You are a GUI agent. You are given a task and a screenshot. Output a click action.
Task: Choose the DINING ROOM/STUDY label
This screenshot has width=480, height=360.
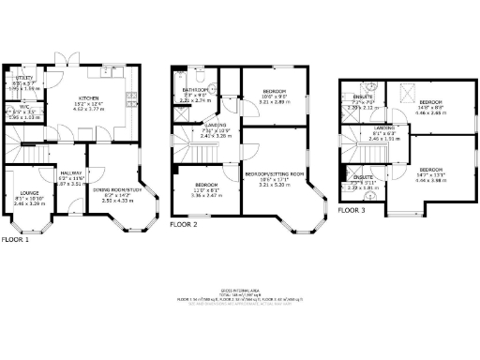pos(116,189)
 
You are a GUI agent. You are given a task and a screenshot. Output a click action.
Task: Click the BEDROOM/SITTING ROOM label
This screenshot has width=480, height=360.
pos(276,174)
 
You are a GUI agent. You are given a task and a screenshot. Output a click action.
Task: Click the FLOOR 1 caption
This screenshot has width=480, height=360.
pos(14,239)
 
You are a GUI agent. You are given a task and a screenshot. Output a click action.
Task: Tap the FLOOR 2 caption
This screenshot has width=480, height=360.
pos(183,226)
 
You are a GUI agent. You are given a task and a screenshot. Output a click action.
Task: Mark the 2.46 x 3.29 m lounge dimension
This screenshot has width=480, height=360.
pos(23,203)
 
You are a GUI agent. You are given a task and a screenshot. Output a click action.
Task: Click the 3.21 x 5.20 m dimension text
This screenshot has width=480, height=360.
pos(276,186)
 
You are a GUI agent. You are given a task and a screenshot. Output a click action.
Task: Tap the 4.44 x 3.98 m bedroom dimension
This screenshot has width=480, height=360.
pos(432,179)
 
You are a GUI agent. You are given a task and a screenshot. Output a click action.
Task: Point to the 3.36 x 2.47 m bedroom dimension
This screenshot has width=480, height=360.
pos(207,196)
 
